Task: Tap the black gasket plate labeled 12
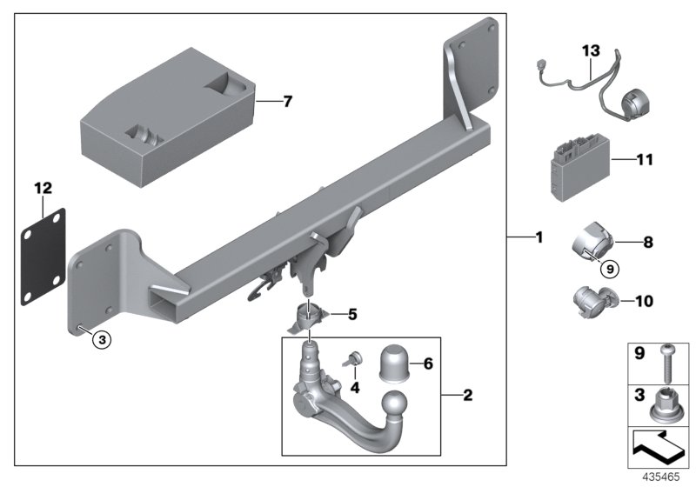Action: pos(45,252)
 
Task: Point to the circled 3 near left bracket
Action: pos(103,340)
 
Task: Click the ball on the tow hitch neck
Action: pos(396,405)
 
